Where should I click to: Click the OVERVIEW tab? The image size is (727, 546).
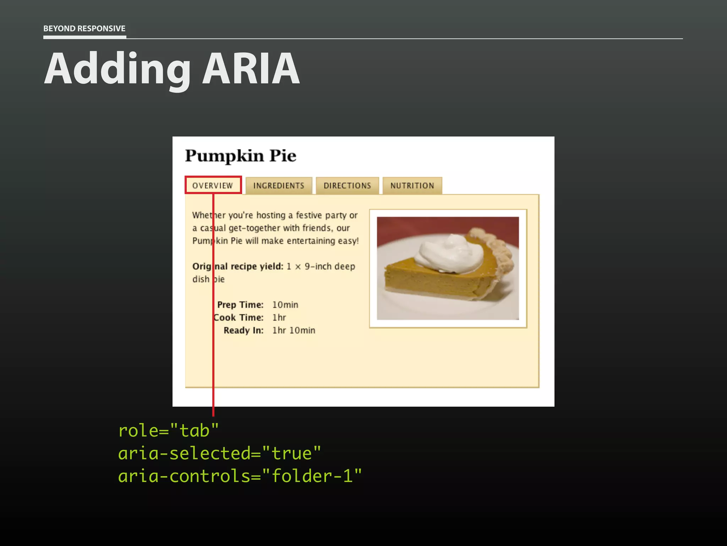213,186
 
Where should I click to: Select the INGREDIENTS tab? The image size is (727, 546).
279,186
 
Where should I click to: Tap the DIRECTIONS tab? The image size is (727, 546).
347,186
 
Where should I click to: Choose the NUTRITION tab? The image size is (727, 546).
412,186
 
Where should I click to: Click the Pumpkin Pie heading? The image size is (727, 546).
240,156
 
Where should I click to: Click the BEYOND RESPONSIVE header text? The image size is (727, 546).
84,28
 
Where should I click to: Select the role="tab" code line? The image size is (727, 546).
168,431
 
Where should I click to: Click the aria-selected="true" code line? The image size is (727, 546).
219,454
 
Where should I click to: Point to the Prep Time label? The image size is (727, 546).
240,305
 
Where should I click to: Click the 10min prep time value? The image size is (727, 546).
285,305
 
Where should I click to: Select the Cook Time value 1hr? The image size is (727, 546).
279,317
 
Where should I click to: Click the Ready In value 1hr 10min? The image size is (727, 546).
294,330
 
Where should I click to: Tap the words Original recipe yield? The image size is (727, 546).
237,266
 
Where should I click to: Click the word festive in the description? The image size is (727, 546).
309,215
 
